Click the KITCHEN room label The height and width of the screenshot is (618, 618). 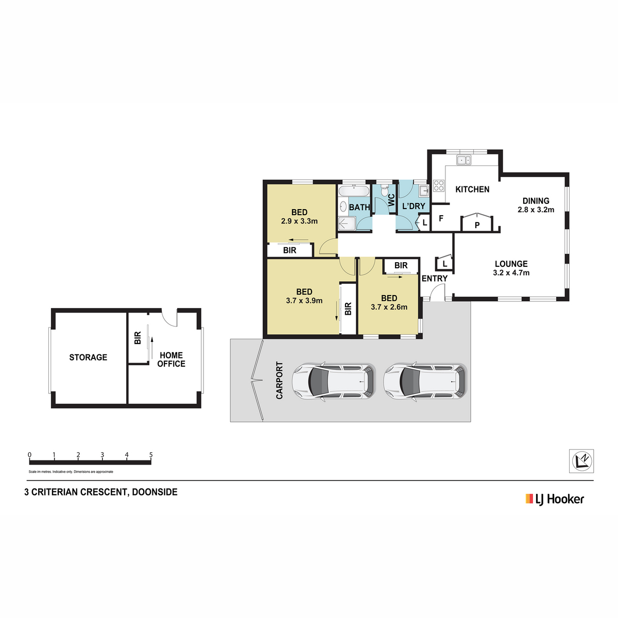click(x=472, y=189)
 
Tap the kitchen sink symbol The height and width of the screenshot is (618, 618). click(x=463, y=160)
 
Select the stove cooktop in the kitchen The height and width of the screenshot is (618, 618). click(x=439, y=186)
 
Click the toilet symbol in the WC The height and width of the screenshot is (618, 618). click(x=385, y=191)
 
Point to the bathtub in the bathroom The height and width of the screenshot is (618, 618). click(x=354, y=192)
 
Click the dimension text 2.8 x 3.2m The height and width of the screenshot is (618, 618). click(x=536, y=210)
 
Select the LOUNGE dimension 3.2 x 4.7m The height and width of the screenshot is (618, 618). click(x=511, y=273)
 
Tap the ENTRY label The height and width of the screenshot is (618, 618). click(x=435, y=279)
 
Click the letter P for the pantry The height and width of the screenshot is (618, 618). click(x=477, y=225)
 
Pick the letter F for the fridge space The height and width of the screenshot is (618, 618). click(x=441, y=218)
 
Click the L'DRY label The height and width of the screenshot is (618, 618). click(x=414, y=206)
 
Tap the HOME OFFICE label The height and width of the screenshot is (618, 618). click(x=171, y=359)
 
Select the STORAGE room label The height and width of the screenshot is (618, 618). click(x=88, y=357)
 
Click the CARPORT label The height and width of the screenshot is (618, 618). click(x=279, y=381)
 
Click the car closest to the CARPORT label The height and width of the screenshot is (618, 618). click(x=334, y=381)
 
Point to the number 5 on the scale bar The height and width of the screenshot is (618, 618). click(x=151, y=455)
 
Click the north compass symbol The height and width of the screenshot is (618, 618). click(x=581, y=461)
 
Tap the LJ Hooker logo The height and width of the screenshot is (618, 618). click(x=555, y=500)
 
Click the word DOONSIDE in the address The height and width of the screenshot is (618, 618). click(x=154, y=492)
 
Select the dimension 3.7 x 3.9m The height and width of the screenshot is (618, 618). click(x=304, y=301)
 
